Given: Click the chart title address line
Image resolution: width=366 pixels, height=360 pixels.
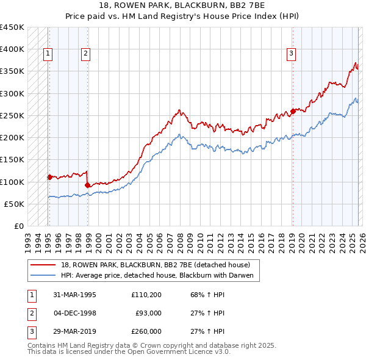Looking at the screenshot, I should point(183,6).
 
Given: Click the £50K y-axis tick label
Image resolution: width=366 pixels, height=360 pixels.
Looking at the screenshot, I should point(15,204).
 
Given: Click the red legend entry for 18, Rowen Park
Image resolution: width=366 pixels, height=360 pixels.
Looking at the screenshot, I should point(156,265).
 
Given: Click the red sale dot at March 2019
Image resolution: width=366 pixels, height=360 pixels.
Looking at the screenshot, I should point(293,111).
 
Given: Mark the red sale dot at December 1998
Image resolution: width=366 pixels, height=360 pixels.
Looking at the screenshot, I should point(88,185).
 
